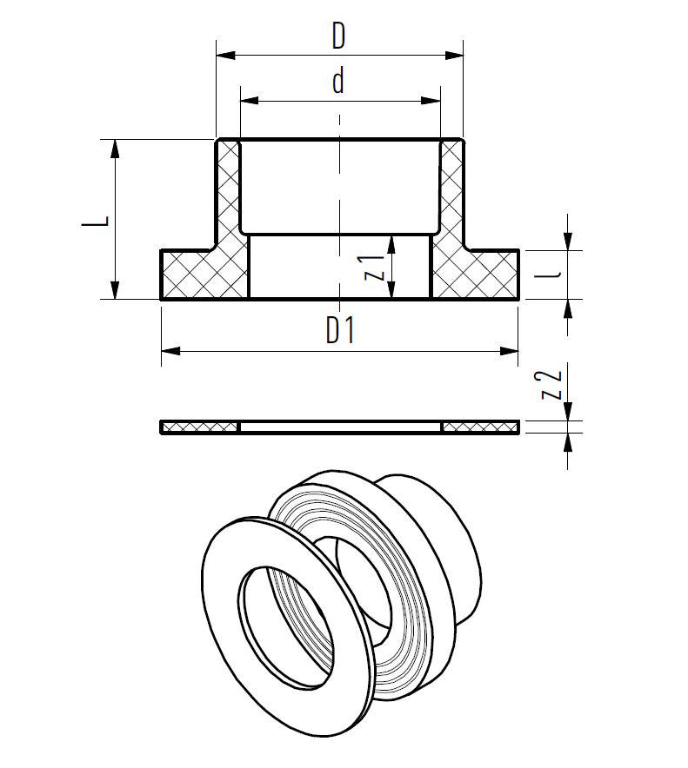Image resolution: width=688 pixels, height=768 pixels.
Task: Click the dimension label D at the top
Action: [338, 36]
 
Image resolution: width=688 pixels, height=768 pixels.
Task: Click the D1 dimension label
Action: [340, 331]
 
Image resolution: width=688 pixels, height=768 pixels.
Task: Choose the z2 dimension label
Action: [551, 384]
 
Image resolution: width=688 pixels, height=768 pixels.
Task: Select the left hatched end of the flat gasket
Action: [199, 427]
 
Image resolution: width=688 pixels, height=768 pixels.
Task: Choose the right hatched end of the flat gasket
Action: [480, 427]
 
